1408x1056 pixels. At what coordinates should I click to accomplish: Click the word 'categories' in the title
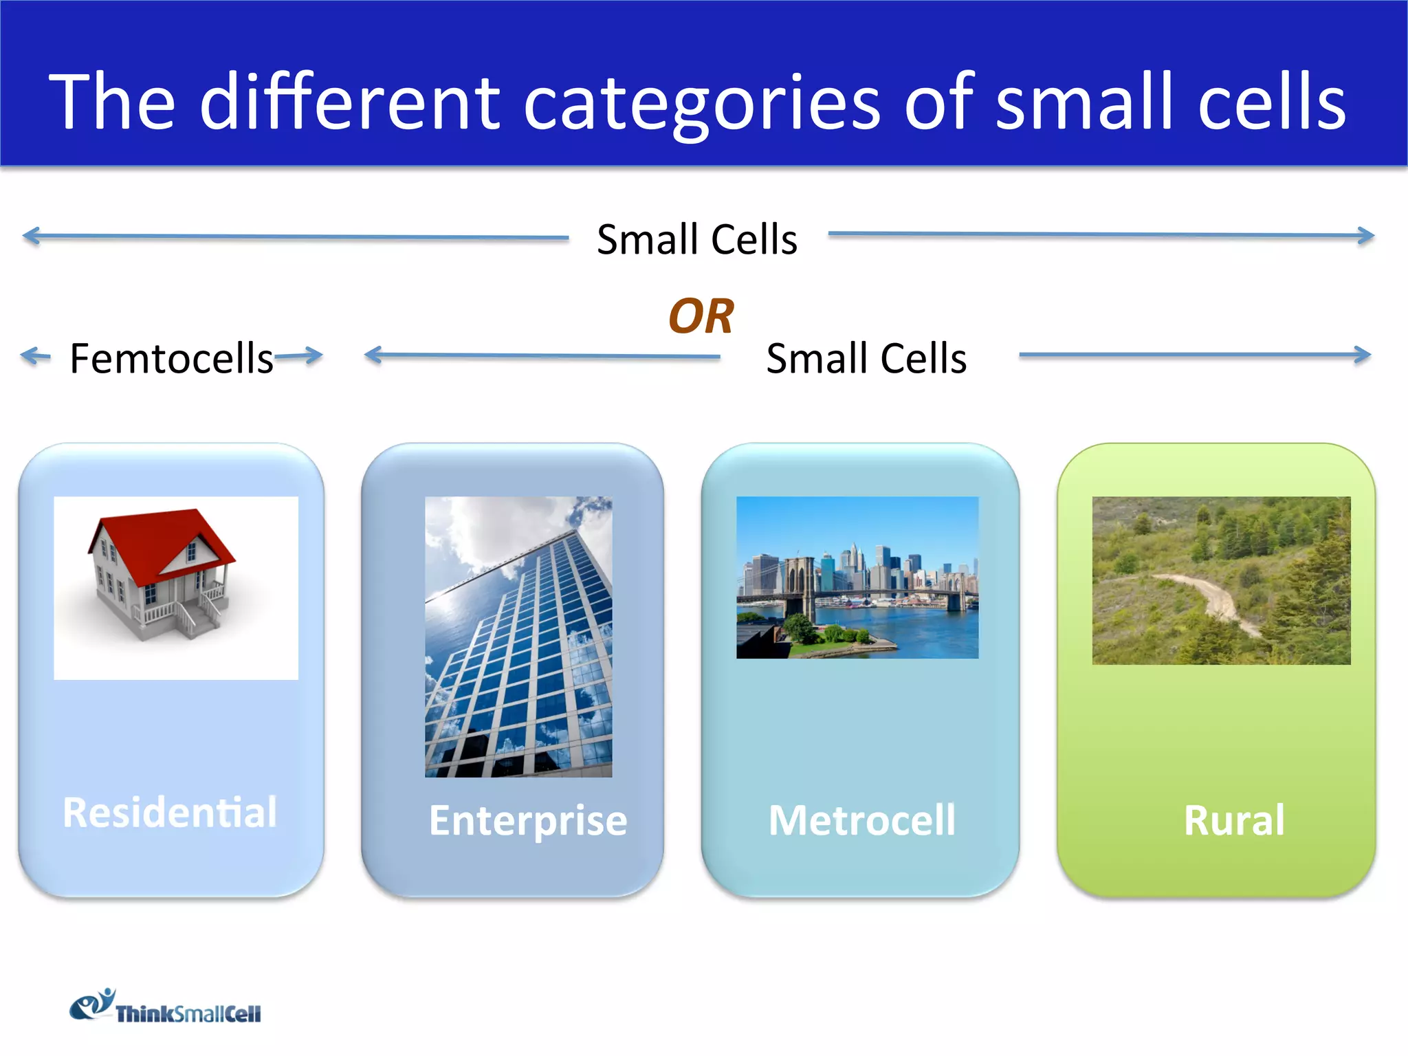[x=701, y=103]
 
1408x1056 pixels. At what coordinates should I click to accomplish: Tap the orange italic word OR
[x=701, y=316]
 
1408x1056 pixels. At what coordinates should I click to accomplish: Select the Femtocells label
[x=172, y=358]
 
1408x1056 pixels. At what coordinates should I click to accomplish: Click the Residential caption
[x=170, y=812]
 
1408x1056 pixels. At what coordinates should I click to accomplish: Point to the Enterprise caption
[x=527, y=820]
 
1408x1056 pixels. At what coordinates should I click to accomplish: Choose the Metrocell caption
[x=861, y=820]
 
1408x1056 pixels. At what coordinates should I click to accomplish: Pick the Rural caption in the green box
[x=1234, y=820]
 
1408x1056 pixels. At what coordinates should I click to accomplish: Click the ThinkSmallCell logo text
[x=188, y=1014]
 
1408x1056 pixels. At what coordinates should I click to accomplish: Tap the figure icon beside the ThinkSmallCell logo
[x=93, y=1005]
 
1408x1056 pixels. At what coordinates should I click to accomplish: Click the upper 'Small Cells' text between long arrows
[x=696, y=239]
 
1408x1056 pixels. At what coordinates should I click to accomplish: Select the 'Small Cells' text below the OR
[x=866, y=358]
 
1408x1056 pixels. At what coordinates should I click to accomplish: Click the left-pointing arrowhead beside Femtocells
[x=27, y=355]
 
